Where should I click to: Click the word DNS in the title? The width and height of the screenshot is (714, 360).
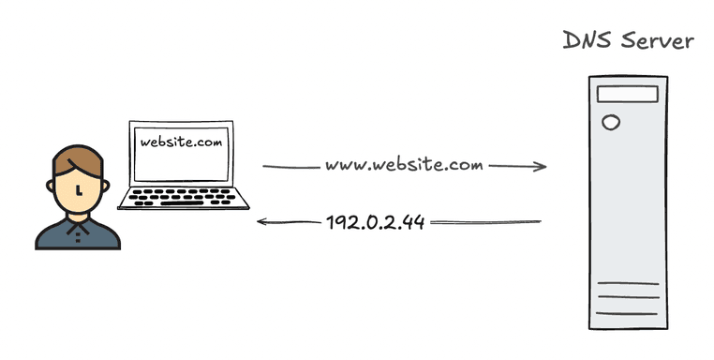[585, 41]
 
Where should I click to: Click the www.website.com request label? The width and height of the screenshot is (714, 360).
[404, 166]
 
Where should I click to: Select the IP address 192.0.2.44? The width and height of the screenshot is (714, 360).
[375, 223]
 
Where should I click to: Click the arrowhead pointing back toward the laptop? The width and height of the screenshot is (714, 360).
[263, 222]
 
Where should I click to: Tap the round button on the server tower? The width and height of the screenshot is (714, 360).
[612, 122]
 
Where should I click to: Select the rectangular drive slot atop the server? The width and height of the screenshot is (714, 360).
[623, 95]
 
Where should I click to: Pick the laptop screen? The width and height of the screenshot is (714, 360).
[182, 152]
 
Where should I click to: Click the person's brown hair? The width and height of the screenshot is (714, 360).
[74, 161]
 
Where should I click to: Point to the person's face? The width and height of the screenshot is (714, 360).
[77, 193]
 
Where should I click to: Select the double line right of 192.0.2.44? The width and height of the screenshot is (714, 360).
[485, 223]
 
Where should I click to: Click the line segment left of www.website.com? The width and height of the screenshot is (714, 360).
[290, 167]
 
